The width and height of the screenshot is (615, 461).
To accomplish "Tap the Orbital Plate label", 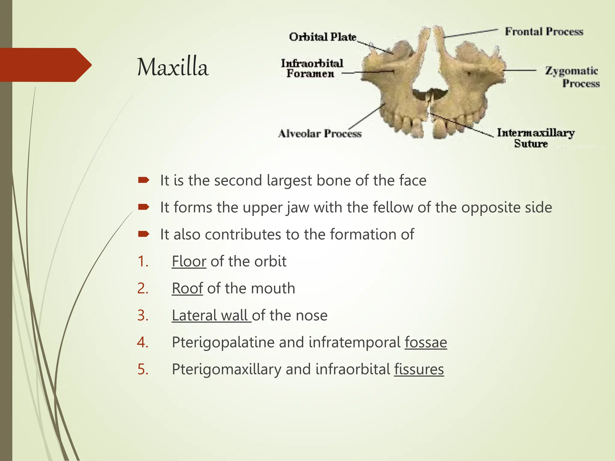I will point(323,37).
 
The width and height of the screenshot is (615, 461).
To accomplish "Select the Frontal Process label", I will point(544,32).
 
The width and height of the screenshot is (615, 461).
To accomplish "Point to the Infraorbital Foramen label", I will point(312,68).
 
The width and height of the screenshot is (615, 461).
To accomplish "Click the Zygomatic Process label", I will point(572,77).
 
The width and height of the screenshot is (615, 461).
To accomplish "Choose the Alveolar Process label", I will point(320,133).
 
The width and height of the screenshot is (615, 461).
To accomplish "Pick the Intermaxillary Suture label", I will point(535,138).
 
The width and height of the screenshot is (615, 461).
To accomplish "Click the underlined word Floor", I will point(189,261).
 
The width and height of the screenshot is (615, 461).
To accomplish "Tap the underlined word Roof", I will point(187,288).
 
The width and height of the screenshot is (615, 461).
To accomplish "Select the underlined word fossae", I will point(426,342).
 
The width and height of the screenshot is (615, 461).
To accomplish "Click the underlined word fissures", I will point(419,369).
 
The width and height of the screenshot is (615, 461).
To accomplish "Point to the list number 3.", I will point(143,315).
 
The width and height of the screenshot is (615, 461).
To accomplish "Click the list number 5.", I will point(143,369).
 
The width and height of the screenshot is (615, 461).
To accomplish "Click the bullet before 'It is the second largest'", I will point(144,180).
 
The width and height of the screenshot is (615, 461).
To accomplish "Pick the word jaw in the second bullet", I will point(297,208).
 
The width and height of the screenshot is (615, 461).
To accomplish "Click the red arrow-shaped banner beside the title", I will point(45,65).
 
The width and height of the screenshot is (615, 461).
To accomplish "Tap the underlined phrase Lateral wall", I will point(211,315).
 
